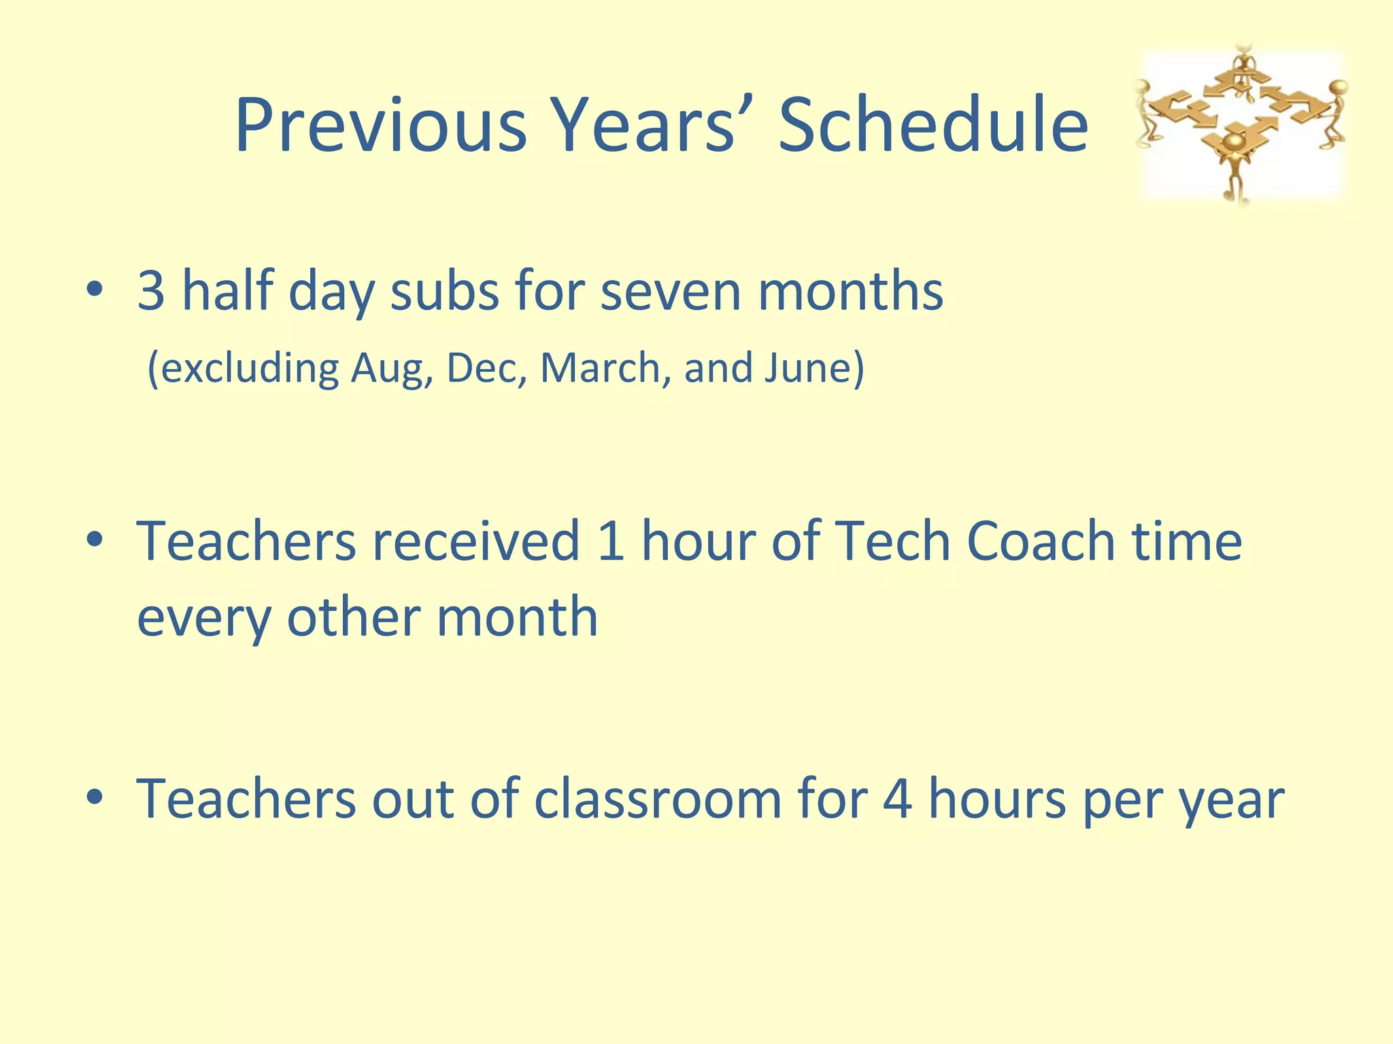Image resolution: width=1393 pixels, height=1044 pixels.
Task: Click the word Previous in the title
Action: (x=381, y=126)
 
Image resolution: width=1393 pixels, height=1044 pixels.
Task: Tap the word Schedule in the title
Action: (x=933, y=126)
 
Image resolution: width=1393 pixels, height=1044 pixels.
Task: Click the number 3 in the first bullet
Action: (x=151, y=291)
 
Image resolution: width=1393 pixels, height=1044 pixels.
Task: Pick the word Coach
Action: (x=1041, y=542)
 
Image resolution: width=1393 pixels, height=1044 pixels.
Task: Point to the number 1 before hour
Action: (x=611, y=542)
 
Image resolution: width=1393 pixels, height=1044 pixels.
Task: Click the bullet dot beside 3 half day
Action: (x=95, y=291)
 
